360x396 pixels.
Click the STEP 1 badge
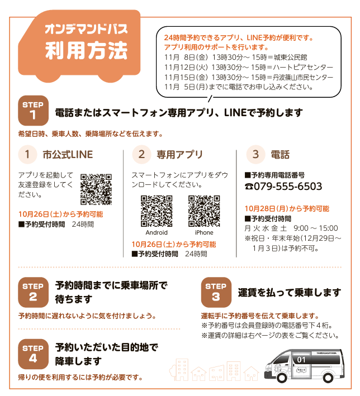[33, 111]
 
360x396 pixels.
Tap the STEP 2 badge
[33, 292]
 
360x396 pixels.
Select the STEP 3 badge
[216, 292]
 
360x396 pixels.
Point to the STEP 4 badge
[33, 354]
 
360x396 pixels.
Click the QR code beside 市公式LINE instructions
[96, 189]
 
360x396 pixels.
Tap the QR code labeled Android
[157, 211]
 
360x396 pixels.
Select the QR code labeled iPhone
[204, 211]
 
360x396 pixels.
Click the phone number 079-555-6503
[288, 187]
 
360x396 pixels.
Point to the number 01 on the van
[301, 360]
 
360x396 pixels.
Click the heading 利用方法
[86, 50]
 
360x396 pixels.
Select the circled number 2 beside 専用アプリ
[141, 154]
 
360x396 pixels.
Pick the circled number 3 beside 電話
[255, 154]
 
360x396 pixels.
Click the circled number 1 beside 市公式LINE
[27, 154]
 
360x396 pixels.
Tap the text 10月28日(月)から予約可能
[287, 208]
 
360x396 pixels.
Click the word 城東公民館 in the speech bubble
[291, 58]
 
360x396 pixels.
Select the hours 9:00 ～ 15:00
[316, 228]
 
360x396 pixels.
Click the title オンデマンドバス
[86, 29]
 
